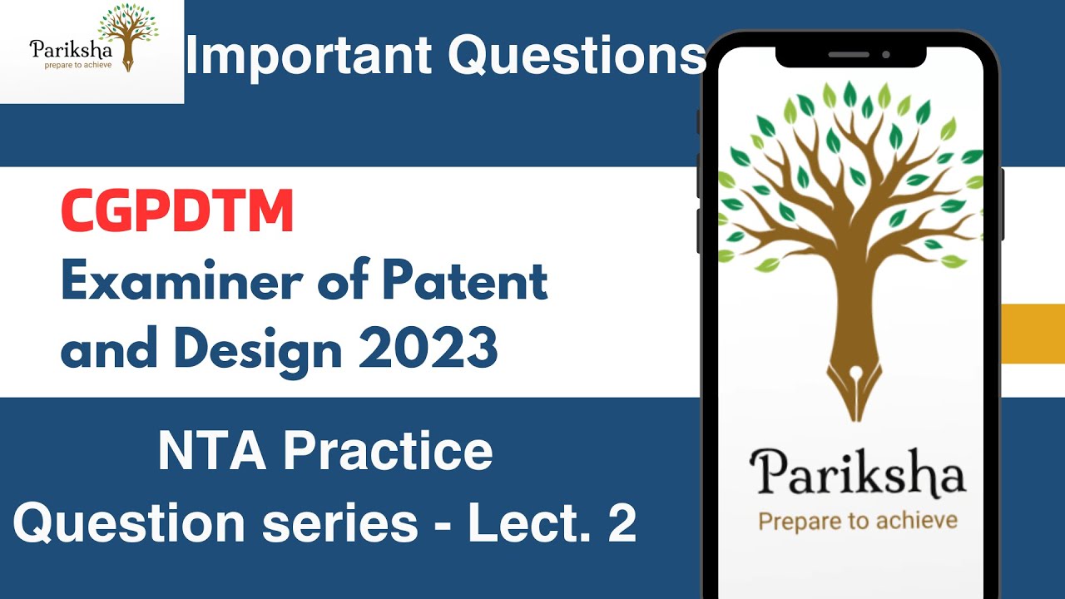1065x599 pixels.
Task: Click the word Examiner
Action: (x=179, y=282)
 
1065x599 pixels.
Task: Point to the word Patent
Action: (x=466, y=282)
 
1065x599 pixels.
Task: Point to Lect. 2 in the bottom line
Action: (x=551, y=522)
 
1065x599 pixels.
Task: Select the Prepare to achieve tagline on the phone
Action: (x=857, y=521)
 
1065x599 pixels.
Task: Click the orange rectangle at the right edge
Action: (x=1033, y=334)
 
